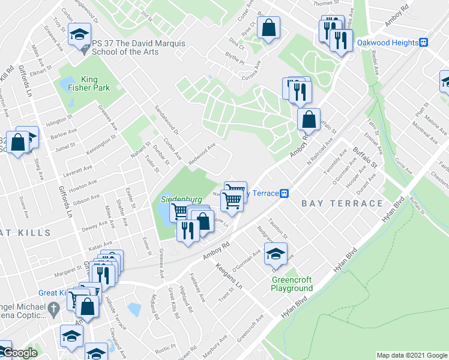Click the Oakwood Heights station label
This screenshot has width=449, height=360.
coord(388,43)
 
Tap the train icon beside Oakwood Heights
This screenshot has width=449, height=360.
coord(424,43)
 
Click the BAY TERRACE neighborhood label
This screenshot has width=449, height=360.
coord(342,203)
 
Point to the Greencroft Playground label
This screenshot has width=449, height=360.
coord(292,284)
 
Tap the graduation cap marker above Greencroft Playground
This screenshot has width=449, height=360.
coord(276,253)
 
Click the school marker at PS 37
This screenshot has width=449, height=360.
coord(79,35)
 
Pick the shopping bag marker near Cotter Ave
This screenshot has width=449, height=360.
coord(268,27)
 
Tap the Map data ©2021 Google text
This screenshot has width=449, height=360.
coord(411,355)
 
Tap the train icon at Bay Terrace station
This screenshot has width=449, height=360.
coord(285,193)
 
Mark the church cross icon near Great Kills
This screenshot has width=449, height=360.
coord(53,309)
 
